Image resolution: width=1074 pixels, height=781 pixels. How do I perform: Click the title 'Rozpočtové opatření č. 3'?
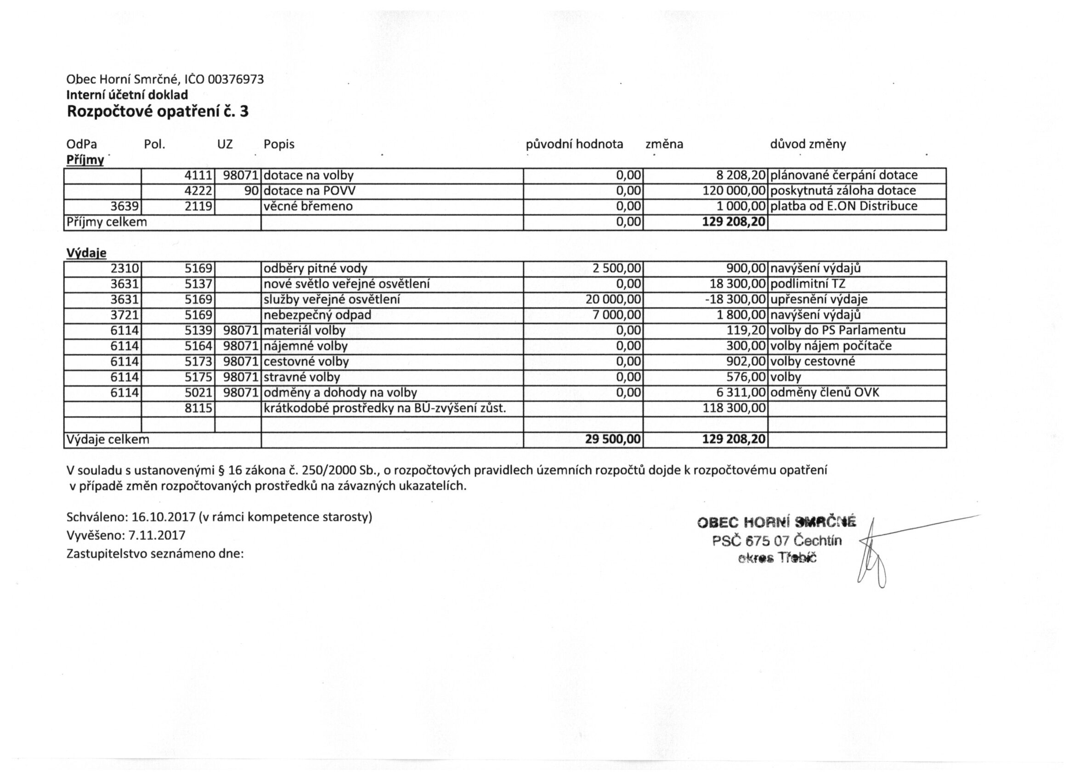coord(158,112)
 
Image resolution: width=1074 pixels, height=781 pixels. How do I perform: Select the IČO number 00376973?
coord(236,79)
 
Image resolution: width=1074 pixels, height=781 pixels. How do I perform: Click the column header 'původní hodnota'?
coord(574,144)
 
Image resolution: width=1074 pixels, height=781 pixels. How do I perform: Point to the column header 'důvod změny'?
coord(808,144)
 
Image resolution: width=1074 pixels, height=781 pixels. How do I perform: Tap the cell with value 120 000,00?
coord(734,191)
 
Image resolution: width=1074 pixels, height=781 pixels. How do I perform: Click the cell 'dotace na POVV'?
coord(309,191)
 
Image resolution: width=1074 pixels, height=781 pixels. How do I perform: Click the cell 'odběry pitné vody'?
coord(316,269)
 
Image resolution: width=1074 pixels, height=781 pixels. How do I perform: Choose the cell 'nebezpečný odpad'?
coord(317,315)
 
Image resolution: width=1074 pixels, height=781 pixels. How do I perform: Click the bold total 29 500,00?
coord(613,440)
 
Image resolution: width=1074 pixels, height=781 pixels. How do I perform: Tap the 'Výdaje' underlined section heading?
coord(86,253)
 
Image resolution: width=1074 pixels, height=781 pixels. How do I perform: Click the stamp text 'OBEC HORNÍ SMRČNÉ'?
coord(777,522)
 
